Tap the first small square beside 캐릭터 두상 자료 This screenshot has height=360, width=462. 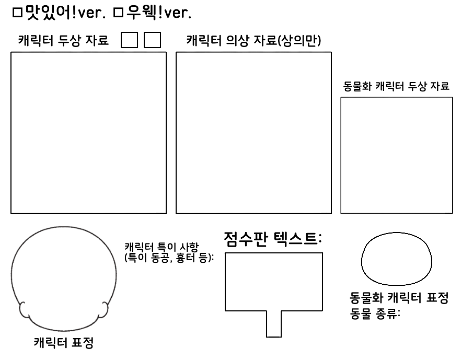coord(129,41)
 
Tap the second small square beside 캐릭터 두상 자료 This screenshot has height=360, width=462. coord(152,41)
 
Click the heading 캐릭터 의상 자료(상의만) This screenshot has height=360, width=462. coord(253,41)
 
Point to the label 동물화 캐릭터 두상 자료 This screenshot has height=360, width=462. coord(396,87)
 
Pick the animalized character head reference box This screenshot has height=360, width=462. coord(397,155)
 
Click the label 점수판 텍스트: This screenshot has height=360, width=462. coord(272,239)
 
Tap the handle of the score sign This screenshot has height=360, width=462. coord(274,324)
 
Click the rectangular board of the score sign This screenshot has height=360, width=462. coord(273,282)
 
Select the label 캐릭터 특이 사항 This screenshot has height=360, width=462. coord(163,247)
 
